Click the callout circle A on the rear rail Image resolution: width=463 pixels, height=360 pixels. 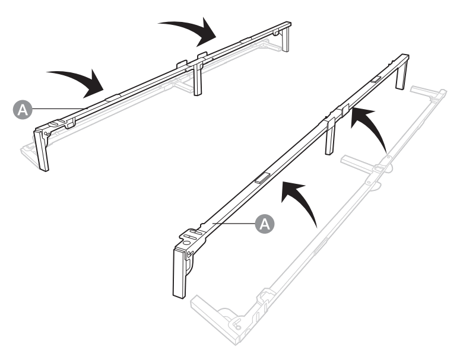[21, 108]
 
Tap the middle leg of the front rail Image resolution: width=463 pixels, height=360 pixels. [331, 139]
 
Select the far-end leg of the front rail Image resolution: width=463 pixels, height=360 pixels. [402, 72]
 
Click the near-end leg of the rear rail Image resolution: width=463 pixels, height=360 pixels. [42, 149]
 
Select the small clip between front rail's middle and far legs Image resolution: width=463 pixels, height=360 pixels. [376, 79]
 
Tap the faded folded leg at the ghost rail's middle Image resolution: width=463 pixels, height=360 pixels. [359, 161]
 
